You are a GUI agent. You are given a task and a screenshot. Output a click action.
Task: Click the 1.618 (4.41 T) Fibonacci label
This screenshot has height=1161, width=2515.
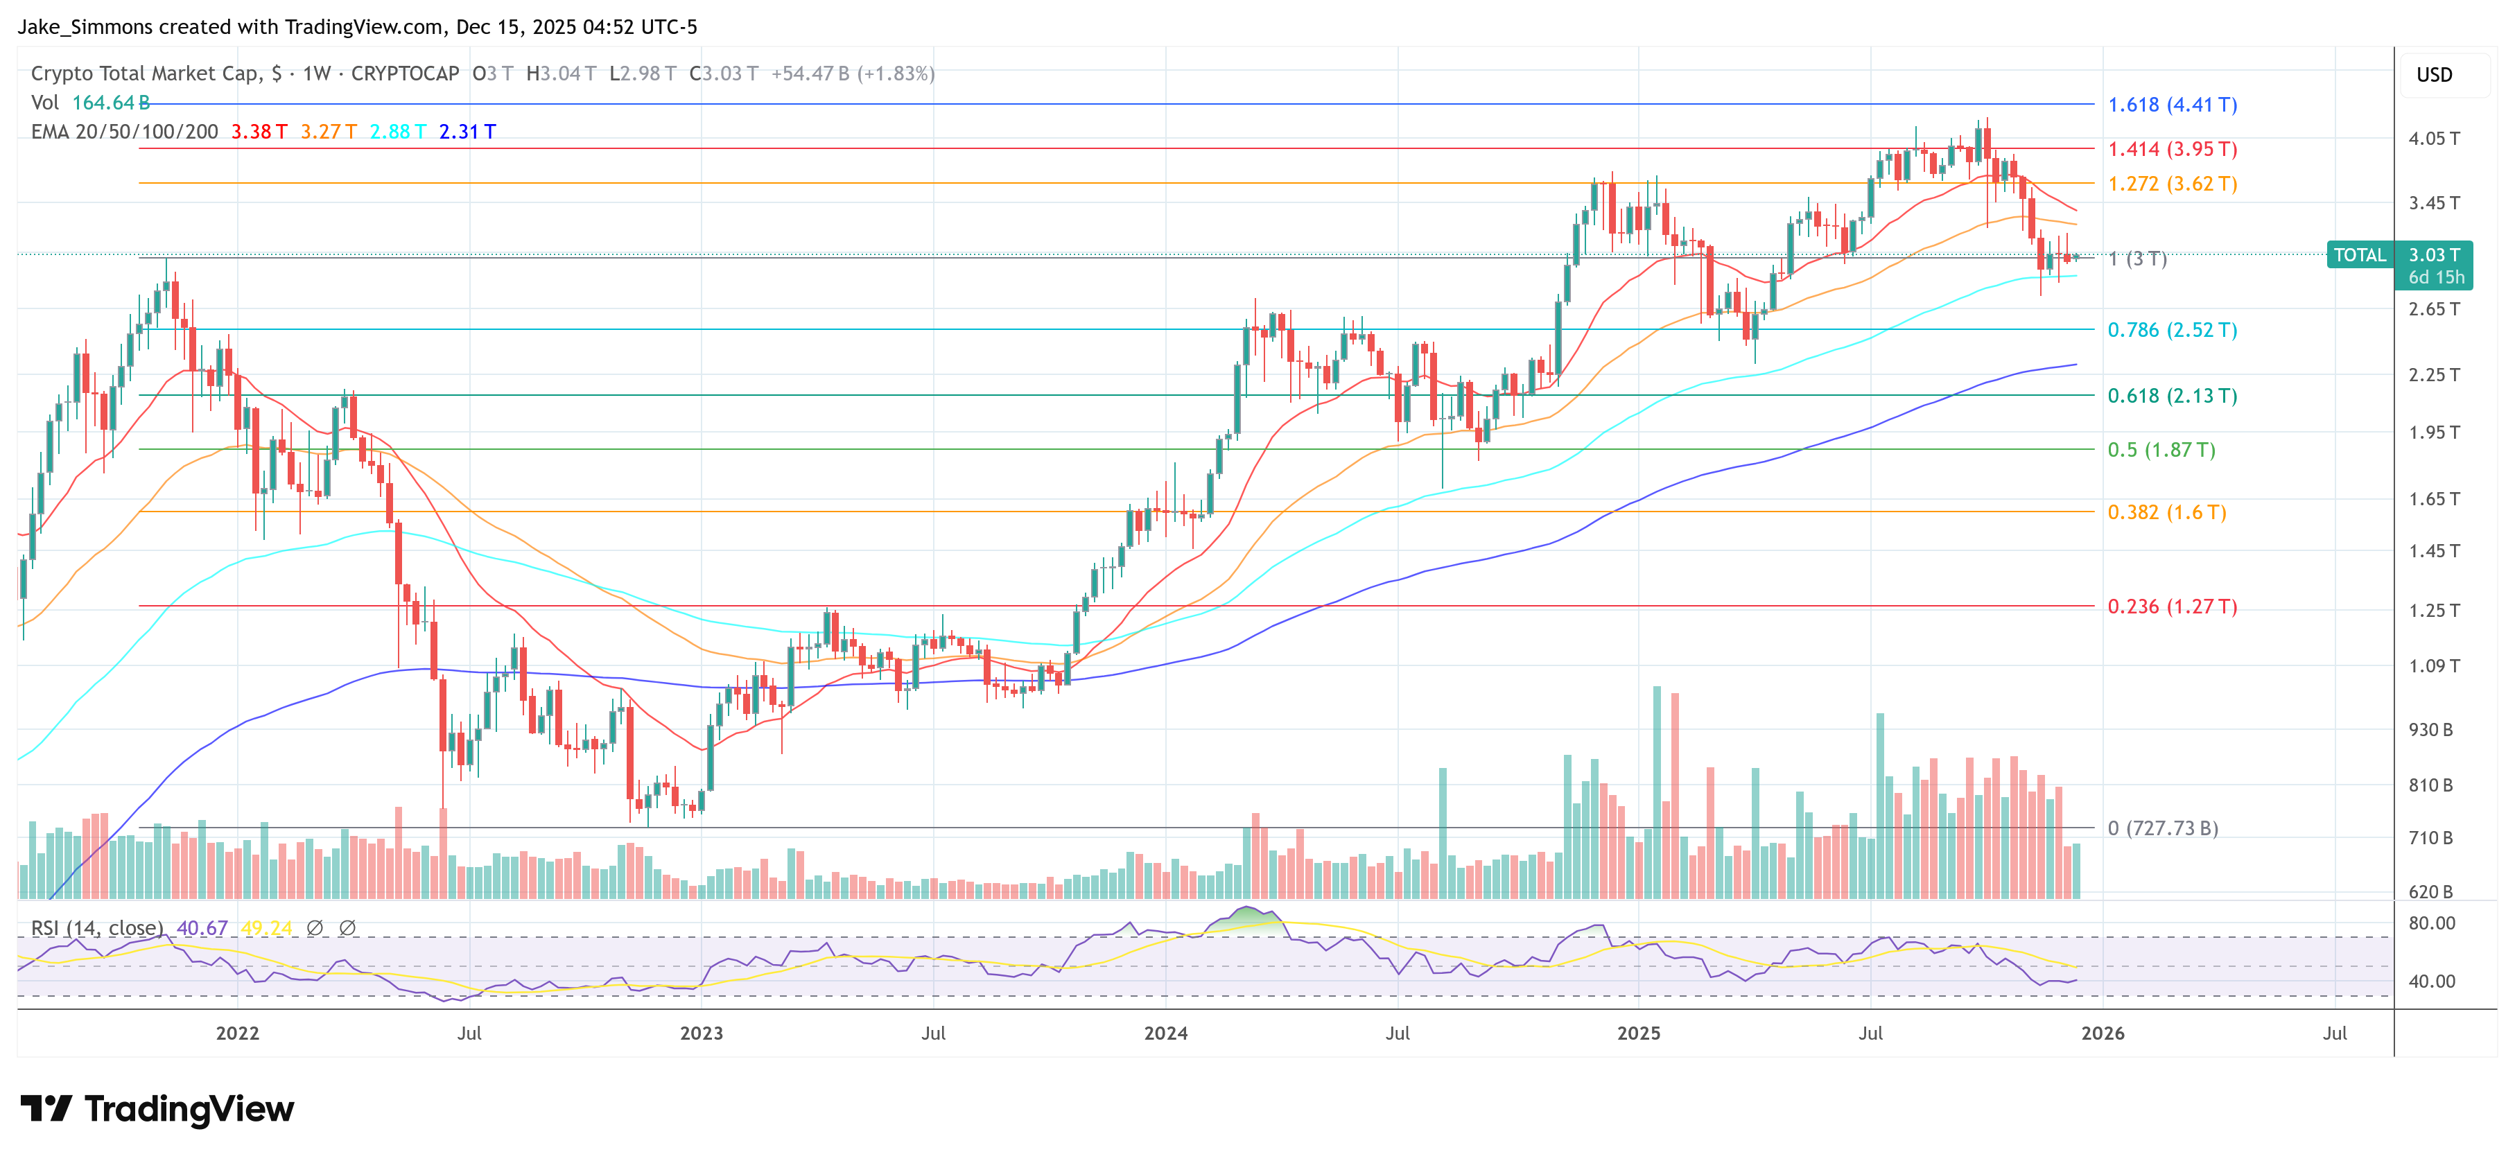click(2171, 105)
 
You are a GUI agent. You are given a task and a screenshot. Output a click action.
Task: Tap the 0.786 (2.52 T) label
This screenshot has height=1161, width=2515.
click(2171, 330)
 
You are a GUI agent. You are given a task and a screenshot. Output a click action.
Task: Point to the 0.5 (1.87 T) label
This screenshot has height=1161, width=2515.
click(2161, 450)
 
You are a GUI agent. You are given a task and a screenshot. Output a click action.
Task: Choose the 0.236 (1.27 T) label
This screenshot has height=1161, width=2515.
click(2171, 606)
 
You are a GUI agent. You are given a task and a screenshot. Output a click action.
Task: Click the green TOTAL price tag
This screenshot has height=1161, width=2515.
click(2359, 255)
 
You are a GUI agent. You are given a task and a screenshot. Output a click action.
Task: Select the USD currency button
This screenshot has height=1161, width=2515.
click(2433, 75)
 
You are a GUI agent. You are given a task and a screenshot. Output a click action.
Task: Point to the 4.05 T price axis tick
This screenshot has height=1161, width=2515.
click(2433, 139)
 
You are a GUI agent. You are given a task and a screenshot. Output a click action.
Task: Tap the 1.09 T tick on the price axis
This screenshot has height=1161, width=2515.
click(2433, 666)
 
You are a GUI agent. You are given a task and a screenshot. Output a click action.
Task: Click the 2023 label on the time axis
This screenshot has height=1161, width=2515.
click(701, 1033)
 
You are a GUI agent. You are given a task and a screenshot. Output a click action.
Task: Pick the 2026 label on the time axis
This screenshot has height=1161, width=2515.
click(2102, 1033)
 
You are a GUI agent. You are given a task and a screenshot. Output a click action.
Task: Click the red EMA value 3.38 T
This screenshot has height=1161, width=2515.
click(259, 132)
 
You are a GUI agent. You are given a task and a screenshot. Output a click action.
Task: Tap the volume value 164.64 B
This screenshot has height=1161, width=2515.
click(110, 103)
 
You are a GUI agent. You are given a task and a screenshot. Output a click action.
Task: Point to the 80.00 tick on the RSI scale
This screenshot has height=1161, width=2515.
click(2431, 923)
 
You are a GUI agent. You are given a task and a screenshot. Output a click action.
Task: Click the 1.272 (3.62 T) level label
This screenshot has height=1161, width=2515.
click(2171, 184)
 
